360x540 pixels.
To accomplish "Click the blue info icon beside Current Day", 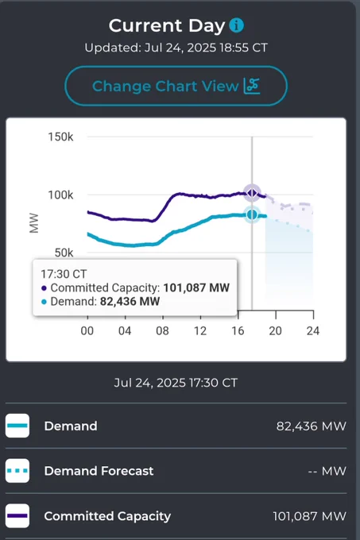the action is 236,25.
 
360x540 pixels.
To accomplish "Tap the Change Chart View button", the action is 176,86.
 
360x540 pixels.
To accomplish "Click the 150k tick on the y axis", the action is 60,137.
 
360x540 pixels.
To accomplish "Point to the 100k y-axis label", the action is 60,195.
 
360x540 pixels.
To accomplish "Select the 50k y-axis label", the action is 64,253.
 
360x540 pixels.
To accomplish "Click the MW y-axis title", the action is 34,223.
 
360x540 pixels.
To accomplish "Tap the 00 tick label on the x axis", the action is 87,331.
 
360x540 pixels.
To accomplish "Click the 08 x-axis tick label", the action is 162,331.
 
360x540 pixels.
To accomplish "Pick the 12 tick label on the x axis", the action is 199,331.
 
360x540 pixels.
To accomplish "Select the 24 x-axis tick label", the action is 313,331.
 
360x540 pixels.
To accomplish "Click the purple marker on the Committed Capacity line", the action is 252,193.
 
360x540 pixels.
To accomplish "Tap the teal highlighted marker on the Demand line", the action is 252,215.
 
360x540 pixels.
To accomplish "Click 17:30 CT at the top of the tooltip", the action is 64,274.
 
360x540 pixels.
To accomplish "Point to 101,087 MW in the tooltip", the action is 196,287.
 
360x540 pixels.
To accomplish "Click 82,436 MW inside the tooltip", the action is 130,301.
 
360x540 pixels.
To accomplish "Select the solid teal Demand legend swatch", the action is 17,426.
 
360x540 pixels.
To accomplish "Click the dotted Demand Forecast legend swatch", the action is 17,471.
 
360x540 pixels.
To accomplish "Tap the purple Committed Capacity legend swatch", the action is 17,516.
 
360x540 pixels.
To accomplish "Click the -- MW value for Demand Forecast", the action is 327,471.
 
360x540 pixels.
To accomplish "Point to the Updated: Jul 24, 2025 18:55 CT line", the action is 176,48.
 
